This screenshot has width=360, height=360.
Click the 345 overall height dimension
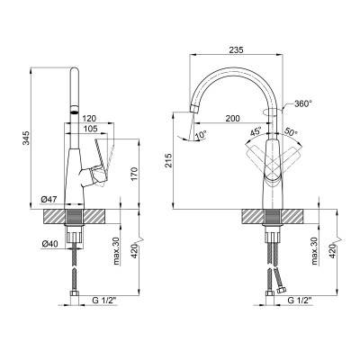click(x=27, y=138)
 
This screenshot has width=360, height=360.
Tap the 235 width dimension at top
click(x=237, y=50)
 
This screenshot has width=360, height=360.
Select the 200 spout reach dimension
click(x=232, y=119)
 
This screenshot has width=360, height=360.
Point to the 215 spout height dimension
click(x=168, y=160)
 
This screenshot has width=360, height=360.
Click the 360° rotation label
click(x=303, y=104)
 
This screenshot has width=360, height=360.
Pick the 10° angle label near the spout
click(x=201, y=135)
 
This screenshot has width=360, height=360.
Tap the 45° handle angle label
click(x=256, y=131)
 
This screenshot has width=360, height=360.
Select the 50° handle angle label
click(x=291, y=131)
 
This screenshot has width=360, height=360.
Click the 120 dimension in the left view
click(x=90, y=119)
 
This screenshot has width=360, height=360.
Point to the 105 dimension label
click(x=90, y=129)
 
